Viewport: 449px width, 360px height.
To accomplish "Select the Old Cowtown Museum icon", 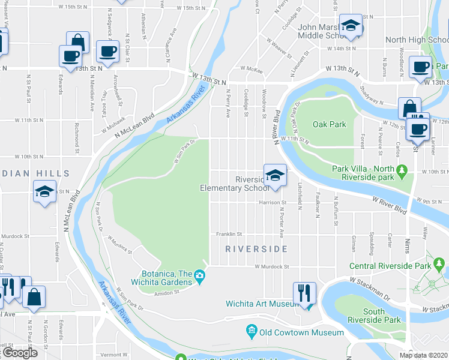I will coord(251,331).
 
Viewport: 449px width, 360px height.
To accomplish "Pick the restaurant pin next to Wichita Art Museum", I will coord(304,293).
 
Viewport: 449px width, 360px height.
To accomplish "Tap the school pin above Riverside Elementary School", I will coord(274,175).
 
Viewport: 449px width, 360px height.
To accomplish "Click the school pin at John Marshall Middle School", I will coord(350,26).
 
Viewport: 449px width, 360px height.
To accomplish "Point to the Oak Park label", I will coord(329,124).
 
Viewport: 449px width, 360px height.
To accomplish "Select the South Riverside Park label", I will coord(382,316).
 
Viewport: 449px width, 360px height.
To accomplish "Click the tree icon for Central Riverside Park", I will coord(439,263).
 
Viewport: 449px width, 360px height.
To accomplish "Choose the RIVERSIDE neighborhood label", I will coord(256,248).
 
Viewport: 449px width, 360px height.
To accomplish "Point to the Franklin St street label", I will coord(229,235).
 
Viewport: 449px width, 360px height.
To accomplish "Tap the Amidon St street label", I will coord(169,292).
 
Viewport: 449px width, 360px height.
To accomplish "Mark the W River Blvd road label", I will coord(389,204).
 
